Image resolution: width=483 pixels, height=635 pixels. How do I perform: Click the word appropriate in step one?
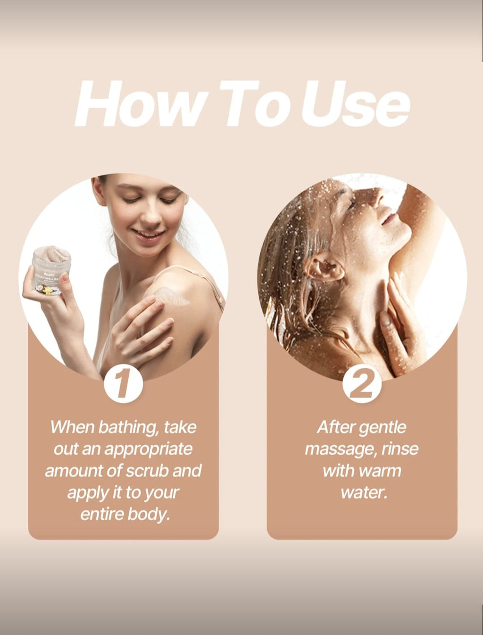coord(148,449)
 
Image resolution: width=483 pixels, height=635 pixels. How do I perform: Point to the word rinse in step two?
coord(400,449)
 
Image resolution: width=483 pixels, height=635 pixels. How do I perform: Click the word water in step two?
coord(363,492)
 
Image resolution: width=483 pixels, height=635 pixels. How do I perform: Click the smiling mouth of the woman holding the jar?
coord(147,234)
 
